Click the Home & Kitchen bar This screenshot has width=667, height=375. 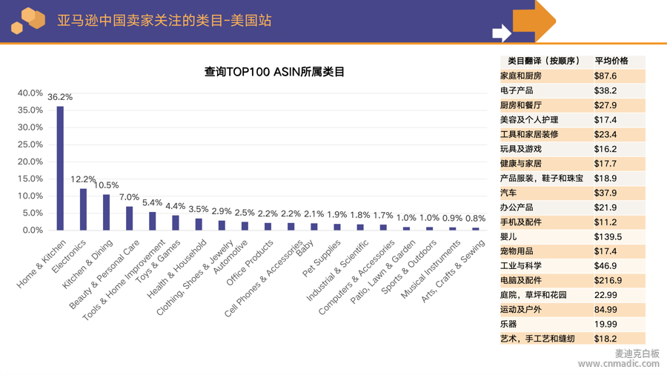(60, 168)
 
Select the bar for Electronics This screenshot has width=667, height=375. (83, 209)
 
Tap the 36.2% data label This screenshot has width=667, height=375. (60, 97)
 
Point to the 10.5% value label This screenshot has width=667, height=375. (107, 185)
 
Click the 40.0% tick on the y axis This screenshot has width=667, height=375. (30, 93)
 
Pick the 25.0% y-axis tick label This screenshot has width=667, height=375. (30, 145)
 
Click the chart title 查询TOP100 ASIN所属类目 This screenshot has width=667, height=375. (274, 72)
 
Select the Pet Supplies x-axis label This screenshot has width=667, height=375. (323, 256)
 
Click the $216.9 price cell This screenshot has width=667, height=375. (608, 281)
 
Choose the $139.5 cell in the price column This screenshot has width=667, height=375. (608, 237)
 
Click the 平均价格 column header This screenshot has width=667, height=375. (611, 61)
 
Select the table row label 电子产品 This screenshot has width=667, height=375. (517, 90)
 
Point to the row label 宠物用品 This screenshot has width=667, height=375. (517, 251)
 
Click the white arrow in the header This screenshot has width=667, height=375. (502, 33)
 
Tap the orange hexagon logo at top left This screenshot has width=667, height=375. (28, 20)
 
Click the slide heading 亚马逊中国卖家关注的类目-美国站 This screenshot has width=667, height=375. (165, 21)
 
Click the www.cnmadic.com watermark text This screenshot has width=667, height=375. (618, 364)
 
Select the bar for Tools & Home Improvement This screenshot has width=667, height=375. (153, 221)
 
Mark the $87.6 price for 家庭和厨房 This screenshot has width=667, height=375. (605, 76)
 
